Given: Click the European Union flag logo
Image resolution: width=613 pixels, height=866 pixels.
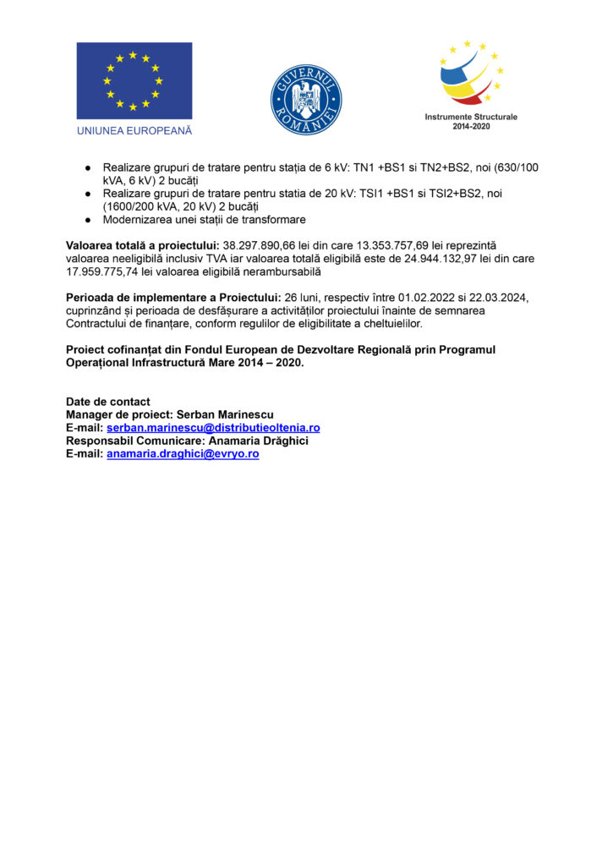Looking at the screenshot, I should click(134, 80).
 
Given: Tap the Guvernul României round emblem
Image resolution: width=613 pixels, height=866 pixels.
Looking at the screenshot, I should click(305, 100).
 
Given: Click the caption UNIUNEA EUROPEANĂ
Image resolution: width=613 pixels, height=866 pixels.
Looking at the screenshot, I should click(134, 131).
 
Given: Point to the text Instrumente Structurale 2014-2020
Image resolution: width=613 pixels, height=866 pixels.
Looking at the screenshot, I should click(471, 121).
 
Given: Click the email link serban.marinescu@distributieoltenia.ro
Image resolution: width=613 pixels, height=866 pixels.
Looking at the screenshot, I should click(213, 428).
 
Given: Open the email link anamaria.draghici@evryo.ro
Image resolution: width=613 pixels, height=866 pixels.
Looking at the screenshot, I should click(183, 453).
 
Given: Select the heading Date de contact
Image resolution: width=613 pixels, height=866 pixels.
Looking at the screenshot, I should click(108, 402).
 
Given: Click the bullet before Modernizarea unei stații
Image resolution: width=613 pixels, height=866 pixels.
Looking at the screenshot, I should click(87, 220).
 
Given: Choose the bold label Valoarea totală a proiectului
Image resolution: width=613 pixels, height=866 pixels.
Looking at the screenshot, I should click(143, 244).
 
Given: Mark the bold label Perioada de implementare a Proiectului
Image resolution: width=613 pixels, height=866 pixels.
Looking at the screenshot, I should click(173, 298).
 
